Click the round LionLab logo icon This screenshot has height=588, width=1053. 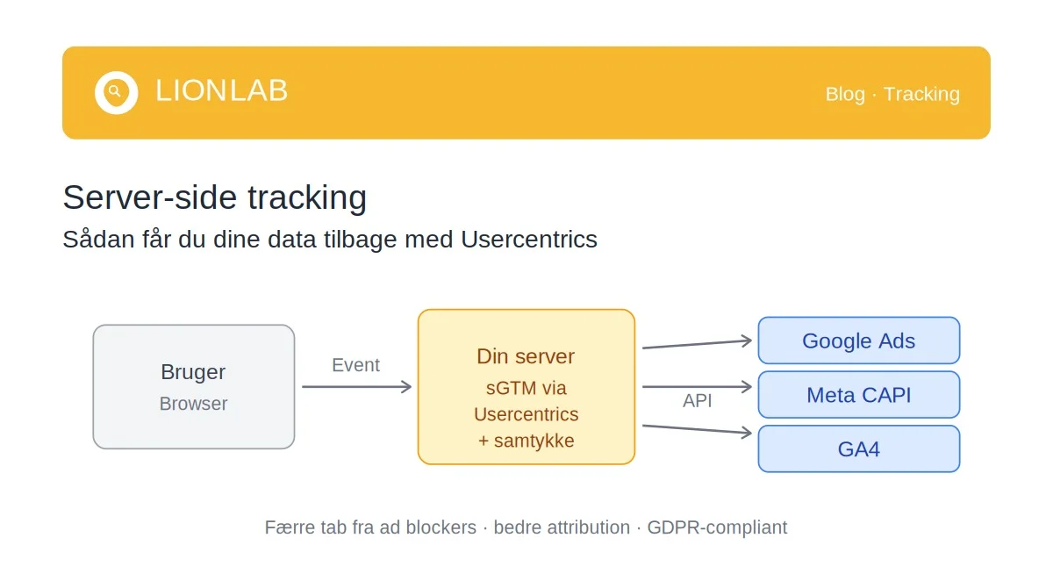coord(116,92)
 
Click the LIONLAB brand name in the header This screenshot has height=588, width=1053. coord(221,91)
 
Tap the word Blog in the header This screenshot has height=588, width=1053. coord(844,94)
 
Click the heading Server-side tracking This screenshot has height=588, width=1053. coord(214,198)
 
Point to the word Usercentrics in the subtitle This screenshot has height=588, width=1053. coord(528,240)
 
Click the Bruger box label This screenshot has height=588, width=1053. coord(193,372)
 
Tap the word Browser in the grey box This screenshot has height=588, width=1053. coord(193,404)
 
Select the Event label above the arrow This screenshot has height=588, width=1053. coord(355,365)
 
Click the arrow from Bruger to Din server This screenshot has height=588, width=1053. coord(356,387)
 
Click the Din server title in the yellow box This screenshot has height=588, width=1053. coord(526,356)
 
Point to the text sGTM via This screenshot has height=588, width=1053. coord(526,387)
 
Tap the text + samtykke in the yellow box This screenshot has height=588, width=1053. coord(526,441)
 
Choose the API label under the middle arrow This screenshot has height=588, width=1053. coord(698,401)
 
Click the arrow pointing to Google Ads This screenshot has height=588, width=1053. coord(698,344)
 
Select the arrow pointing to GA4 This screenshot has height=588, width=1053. coord(698,429)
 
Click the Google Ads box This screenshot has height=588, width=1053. coord(858,341)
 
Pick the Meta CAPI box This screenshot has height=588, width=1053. coord(858,395)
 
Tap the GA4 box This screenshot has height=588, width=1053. coord(858,449)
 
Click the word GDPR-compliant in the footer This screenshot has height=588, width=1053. coord(717,527)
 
